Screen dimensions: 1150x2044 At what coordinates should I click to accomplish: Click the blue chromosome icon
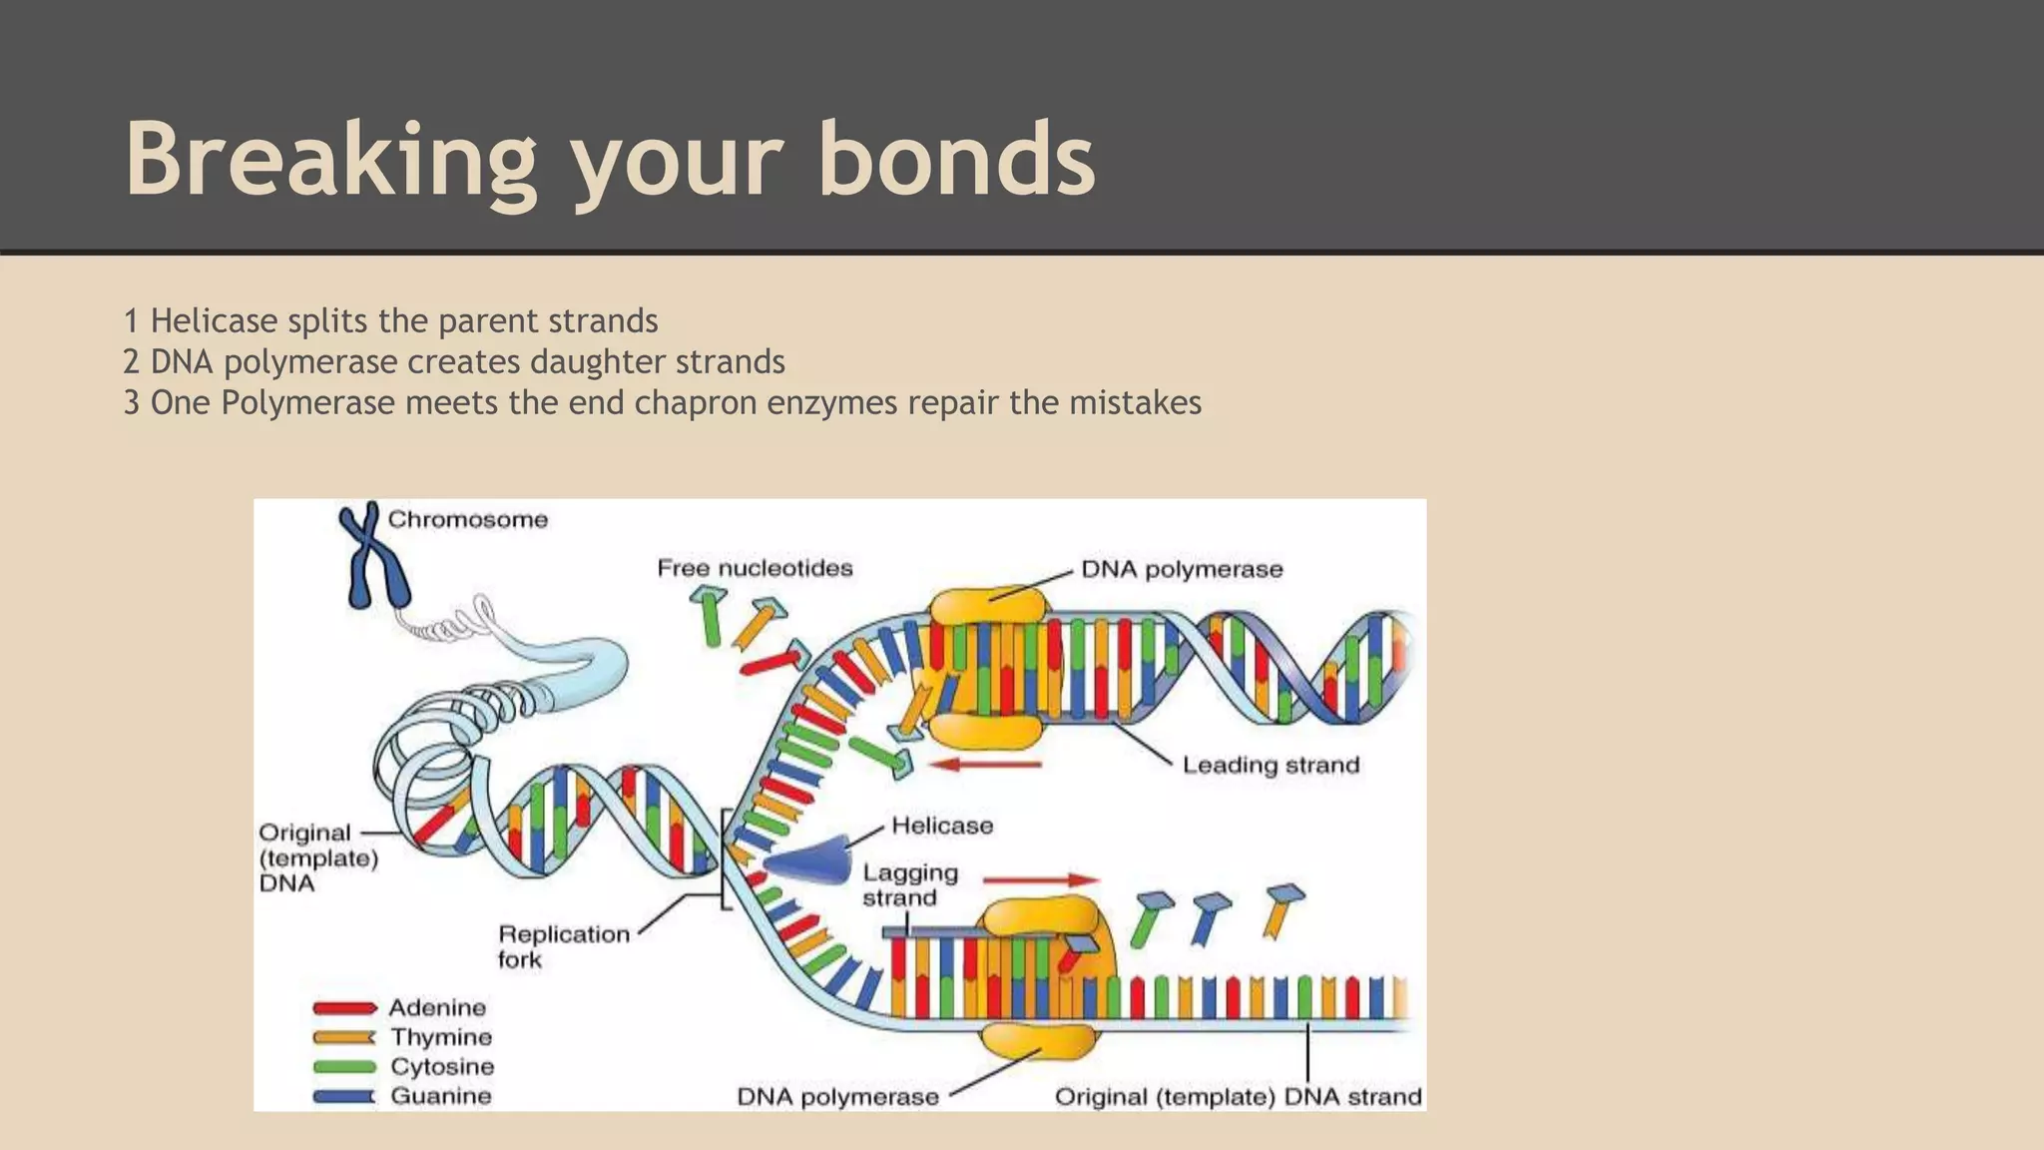372,555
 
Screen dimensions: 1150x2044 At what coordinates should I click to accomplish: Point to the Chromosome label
467,520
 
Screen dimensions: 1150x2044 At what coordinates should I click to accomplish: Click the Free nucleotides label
755,569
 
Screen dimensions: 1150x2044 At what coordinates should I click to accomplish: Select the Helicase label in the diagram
942,826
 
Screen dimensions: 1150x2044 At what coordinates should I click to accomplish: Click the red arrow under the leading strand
985,765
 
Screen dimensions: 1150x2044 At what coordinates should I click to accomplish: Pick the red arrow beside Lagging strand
1040,879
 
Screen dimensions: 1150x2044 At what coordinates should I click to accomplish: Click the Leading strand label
1271,766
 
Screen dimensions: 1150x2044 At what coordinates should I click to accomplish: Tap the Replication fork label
563,946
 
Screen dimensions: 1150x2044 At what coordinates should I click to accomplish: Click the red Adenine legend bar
344,1008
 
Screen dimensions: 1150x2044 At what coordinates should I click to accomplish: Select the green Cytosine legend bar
344,1067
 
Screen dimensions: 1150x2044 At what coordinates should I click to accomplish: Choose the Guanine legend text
440,1096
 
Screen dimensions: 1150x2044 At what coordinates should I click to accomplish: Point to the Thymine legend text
440,1037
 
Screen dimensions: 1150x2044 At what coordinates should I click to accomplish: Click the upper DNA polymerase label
1182,570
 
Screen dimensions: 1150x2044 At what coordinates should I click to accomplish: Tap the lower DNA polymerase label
837,1097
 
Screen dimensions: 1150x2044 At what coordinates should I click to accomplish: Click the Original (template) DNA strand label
1238,1097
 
